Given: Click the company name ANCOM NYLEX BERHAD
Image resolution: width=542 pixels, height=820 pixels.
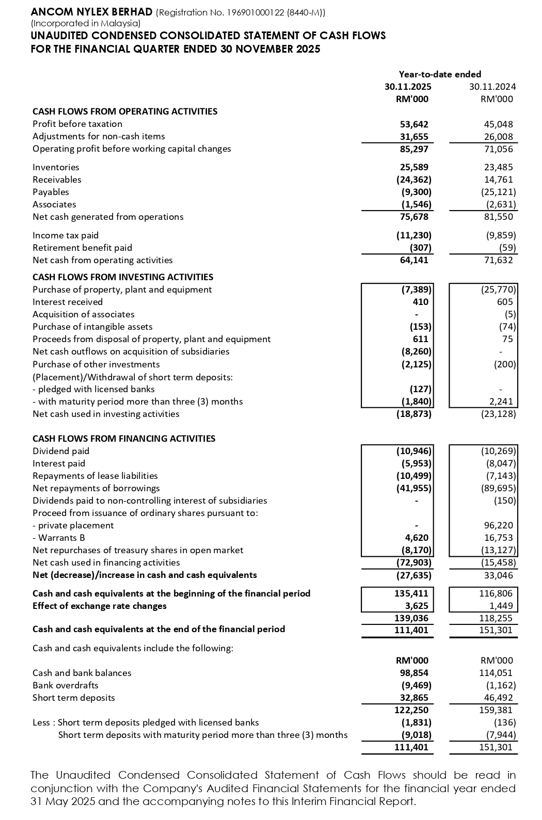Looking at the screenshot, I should [91, 12].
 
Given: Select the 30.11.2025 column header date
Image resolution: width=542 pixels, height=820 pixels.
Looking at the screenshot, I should [408, 87].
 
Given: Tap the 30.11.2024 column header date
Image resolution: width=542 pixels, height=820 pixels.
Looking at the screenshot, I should [492, 87].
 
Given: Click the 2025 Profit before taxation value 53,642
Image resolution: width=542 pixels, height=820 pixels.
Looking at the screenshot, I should [415, 124].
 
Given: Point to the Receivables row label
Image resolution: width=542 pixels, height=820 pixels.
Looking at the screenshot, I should [57, 180].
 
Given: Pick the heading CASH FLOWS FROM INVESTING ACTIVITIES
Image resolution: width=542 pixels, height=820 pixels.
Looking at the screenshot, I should [123, 277].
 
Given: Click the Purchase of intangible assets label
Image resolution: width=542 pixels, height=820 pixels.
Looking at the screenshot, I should [92, 327].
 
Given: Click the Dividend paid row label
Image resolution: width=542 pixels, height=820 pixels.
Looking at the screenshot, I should [61, 451].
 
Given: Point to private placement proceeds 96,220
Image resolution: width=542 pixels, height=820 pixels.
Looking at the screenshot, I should [498, 525].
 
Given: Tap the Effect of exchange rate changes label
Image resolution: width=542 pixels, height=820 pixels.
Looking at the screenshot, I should [99, 606].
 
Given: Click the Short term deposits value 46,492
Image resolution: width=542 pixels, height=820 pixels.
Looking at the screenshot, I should [498, 698].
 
